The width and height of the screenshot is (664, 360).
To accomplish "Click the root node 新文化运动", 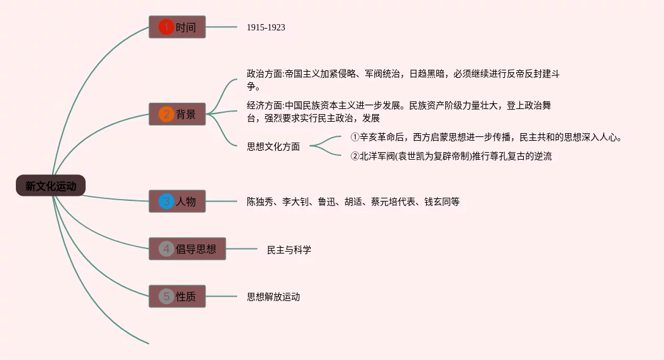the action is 51,186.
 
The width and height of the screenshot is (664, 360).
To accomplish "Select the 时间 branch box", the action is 178,27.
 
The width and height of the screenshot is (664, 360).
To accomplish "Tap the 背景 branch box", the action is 178,114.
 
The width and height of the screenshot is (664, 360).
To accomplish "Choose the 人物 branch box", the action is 178,202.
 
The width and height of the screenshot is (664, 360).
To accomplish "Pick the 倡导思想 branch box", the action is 187,249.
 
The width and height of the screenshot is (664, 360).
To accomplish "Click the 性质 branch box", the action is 178,296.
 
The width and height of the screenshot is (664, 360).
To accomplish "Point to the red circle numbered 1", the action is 166,27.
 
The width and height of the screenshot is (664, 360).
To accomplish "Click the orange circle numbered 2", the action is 166,114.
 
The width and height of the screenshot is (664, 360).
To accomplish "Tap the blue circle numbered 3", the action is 166,202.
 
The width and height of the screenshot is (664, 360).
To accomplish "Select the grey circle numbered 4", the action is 166,249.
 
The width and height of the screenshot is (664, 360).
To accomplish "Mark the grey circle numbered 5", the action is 166,296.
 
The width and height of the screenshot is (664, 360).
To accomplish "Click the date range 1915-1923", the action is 266,27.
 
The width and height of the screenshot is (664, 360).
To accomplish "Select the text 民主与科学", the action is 289,250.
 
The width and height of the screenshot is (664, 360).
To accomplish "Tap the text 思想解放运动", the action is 273,296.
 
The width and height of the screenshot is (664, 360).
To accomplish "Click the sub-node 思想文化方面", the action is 273,146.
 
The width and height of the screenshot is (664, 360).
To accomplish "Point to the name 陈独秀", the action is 260,202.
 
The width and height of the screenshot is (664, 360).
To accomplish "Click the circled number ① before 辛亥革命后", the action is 355,137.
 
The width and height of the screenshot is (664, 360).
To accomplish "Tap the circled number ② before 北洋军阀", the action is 355,156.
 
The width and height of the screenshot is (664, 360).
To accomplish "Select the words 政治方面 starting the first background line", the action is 264,74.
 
